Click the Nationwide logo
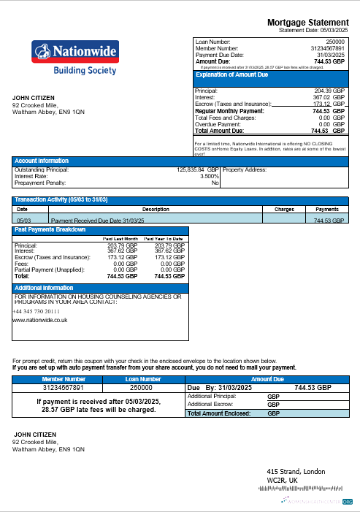(75, 57)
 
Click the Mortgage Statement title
(310, 23)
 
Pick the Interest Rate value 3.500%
(209, 176)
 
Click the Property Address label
(245, 169)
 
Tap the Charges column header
(283, 209)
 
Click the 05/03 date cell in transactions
(24, 219)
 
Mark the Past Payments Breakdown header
(49, 230)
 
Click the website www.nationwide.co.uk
(40, 320)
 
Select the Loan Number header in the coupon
(143, 379)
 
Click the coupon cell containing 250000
(143, 388)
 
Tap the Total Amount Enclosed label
(218, 413)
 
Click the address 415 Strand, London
(296, 471)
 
